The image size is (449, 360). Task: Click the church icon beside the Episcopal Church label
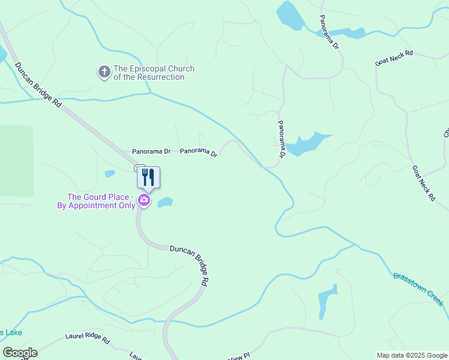point(104,73)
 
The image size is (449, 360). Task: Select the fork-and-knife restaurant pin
point(148,178)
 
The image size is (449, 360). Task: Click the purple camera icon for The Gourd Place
point(144,200)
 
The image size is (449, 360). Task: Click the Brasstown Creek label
point(418,286)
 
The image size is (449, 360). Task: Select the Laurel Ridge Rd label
point(87,340)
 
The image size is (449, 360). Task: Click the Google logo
point(20,353)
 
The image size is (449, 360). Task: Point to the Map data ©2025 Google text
point(411,355)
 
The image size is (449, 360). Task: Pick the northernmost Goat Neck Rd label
point(394,58)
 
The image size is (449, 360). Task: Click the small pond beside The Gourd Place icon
point(165,203)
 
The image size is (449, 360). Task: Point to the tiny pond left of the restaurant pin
point(109,174)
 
